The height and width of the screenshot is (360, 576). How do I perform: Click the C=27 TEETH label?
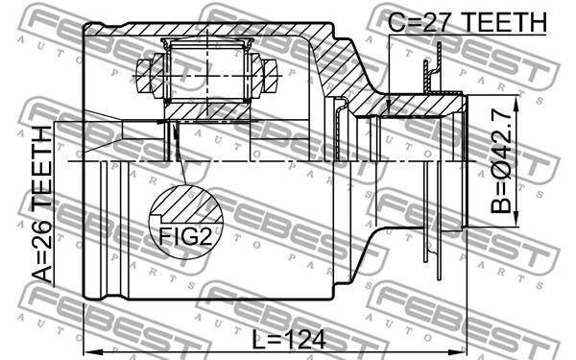[x=468, y=22]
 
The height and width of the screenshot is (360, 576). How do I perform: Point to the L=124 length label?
[x=289, y=339]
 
